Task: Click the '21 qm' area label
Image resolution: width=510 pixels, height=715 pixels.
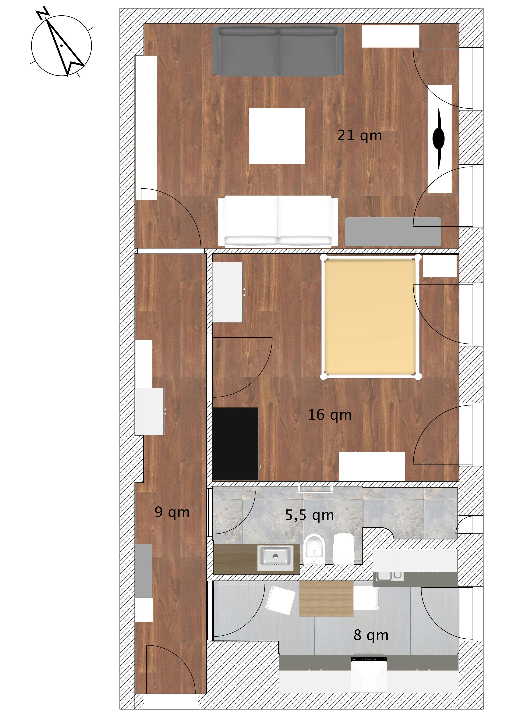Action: click(360, 136)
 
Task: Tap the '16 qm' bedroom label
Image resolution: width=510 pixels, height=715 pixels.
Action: click(330, 415)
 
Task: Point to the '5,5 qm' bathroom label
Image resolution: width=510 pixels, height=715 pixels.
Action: click(309, 516)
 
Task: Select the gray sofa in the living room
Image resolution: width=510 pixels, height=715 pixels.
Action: click(278, 51)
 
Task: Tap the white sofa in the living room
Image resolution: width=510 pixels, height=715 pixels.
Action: click(278, 221)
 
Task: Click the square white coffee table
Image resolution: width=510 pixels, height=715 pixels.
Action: click(277, 136)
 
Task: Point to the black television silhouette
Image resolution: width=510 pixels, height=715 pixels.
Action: click(439, 138)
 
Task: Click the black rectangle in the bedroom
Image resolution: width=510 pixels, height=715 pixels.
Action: click(235, 443)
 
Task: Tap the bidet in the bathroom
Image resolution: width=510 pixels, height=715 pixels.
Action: click(314, 549)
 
